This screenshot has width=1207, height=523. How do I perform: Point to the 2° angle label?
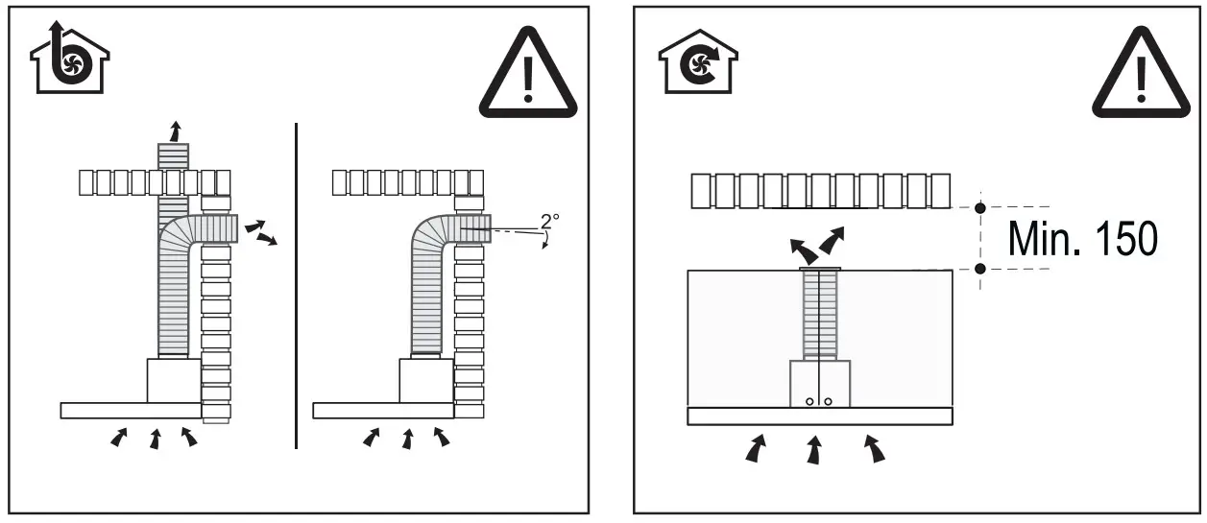click(x=549, y=221)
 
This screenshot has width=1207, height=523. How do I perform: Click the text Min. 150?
click(x=1082, y=238)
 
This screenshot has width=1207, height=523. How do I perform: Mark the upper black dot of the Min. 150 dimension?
click(x=979, y=207)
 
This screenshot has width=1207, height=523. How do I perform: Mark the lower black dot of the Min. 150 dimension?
click(x=979, y=269)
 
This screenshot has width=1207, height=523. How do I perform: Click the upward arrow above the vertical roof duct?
click(x=174, y=131)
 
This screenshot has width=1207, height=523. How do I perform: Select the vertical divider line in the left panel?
click(x=296, y=285)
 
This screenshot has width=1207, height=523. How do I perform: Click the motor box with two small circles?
click(x=820, y=384)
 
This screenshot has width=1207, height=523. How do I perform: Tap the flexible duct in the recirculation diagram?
click(x=820, y=315)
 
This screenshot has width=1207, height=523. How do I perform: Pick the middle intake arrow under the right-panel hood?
click(x=814, y=450)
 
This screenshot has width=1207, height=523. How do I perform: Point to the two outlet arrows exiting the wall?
click(x=260, y=232)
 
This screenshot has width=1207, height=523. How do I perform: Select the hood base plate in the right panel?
click(x=820, y=416)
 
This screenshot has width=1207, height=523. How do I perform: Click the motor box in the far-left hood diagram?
click(x=174, y=380)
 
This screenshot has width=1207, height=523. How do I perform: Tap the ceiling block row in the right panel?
click(x=820, y=192)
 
